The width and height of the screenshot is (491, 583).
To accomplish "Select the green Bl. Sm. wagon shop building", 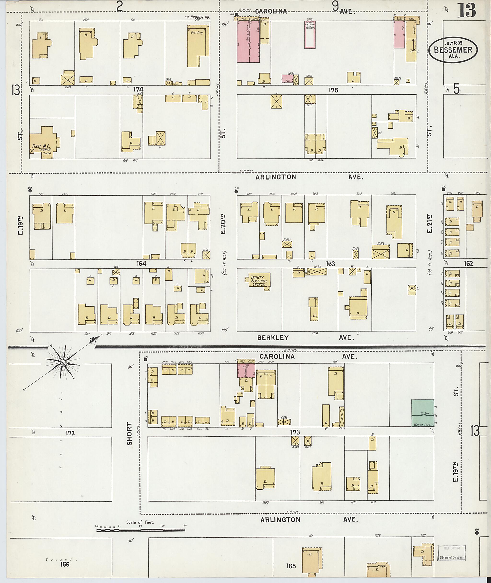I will click(x=422, y=417).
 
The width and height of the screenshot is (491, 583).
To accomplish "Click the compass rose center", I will click(x=63, y=362).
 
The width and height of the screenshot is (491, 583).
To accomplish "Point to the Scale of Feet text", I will click(x=140, y=522).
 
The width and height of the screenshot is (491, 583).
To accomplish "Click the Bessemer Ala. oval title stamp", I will click(x=453, y=50).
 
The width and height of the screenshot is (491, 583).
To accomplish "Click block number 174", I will click(x=138, y=90).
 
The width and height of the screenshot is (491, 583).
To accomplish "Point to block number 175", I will click(x=333, y=90).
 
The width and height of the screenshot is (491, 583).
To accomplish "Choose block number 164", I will click(x=141, y=263).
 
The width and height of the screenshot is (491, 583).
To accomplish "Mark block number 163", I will click(x=330, y=264).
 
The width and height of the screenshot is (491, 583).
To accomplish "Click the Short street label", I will click(x=129, y=438).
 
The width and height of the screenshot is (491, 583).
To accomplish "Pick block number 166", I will click(x=64, y=564).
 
